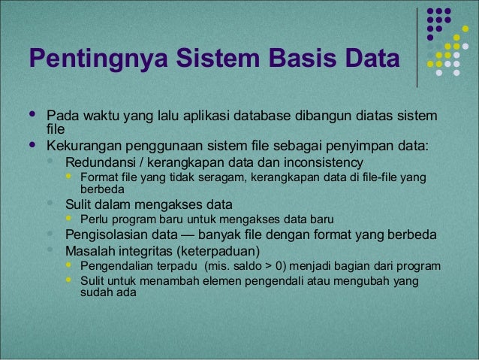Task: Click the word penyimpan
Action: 362,145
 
